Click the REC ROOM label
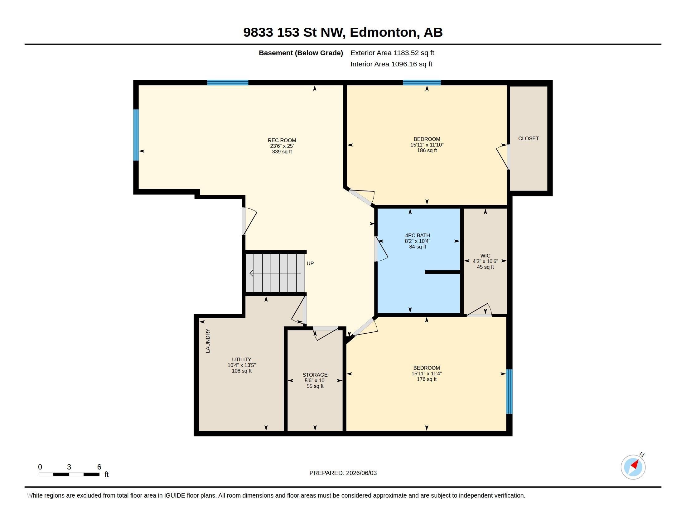(282, 140)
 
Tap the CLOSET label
(528, 138)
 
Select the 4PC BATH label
(418, 235)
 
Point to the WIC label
(485, 256)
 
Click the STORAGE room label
(315, 375)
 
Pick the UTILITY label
(242, 359)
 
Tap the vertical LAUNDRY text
(208, 341)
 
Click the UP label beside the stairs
(310, 263)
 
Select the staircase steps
(275, 273)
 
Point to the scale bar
(69, 474)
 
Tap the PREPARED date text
(343, 473)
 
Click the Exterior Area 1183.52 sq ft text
(392, 53)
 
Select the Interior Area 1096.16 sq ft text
(391, 64)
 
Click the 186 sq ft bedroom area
(427, 150)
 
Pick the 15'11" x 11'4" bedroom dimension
(427, 373)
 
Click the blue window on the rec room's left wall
(136, 135)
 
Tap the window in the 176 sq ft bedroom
(510, 392)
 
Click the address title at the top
(343, 32)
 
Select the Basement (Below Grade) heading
(301, 53)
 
